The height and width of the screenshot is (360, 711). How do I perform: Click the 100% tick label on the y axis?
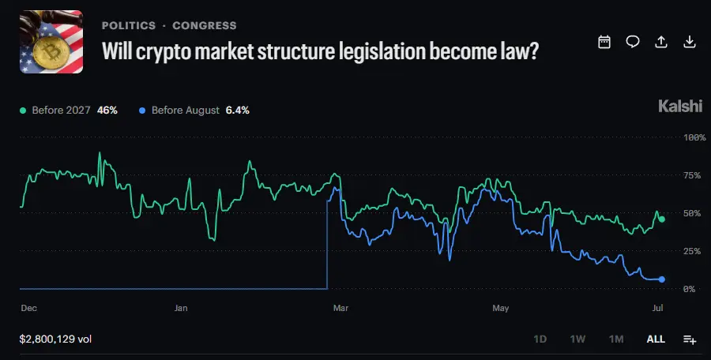[694, 137]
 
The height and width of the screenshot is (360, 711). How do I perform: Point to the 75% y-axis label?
[692, 175]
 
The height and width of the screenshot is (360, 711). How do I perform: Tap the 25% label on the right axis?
[692, 251]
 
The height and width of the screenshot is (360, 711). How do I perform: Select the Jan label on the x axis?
[180, 308]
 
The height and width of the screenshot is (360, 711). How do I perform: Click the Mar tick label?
[340, 308]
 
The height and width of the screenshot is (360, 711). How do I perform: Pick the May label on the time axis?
[501, 308]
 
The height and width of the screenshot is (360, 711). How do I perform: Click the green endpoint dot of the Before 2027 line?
[661, 219]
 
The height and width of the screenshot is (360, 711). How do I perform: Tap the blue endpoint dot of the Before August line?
[661, 279]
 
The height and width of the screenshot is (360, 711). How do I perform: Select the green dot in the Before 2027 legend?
[23, 111]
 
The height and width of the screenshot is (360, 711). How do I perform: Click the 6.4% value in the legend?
[237, 111]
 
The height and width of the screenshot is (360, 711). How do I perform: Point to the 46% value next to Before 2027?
[107, 111]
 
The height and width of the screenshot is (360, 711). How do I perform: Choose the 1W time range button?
[577, 339]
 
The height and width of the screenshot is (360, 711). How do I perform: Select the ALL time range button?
[656, 339]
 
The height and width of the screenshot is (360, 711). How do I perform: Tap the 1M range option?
[616, 339]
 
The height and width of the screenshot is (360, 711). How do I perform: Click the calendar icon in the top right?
[604, 42]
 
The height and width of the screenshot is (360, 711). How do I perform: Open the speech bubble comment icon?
[633, 42]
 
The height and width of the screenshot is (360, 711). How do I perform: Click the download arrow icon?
[690, 42]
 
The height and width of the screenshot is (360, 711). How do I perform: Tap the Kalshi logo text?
[680, 107]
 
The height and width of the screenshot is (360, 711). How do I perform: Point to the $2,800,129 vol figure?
[55, 339]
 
